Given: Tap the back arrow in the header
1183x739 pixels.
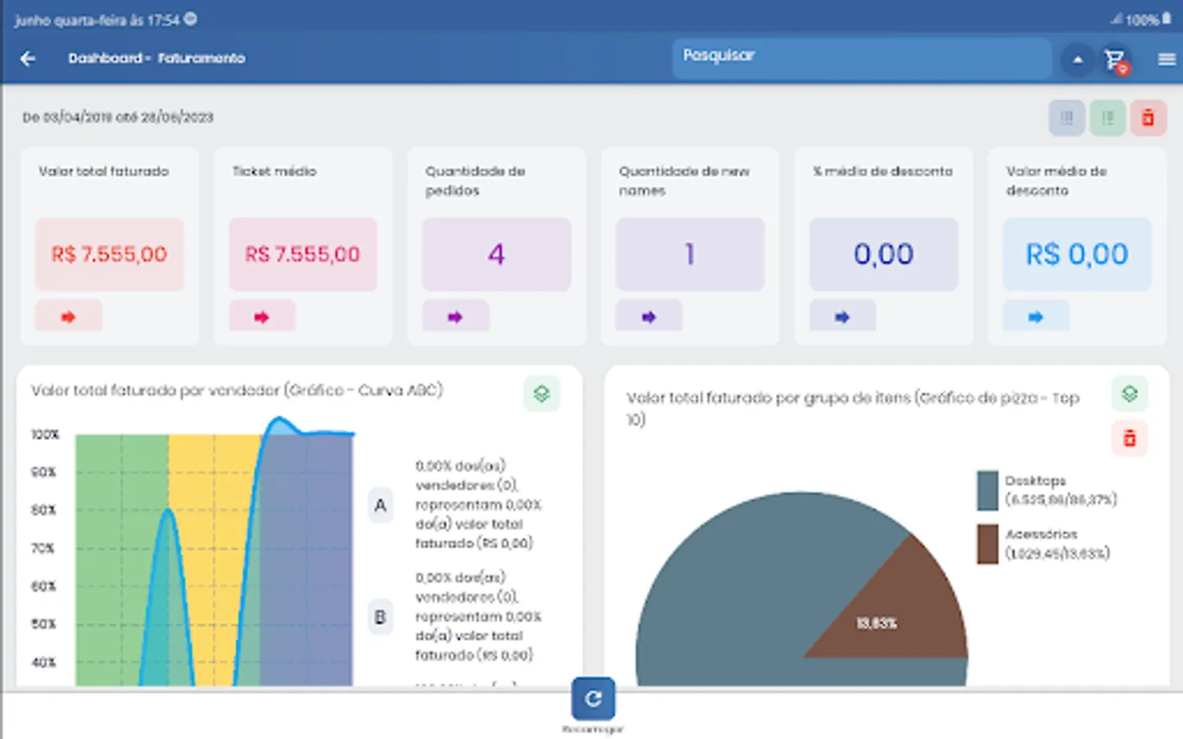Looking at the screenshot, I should coord(28,58).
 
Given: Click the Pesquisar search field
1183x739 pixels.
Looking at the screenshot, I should coord(861,57).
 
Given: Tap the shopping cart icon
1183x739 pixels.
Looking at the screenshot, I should coord(1115,59).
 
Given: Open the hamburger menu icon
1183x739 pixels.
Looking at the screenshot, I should coord(1167,59).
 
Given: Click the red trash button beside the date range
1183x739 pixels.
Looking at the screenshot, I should coord(1148,118).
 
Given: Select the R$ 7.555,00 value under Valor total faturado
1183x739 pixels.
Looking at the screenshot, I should coord(109,255).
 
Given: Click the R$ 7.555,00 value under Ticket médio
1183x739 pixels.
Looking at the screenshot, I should coord(302,255).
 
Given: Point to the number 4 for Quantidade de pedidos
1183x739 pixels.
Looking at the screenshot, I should coord(496,255).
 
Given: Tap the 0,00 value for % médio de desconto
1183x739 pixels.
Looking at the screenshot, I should coord(883,255).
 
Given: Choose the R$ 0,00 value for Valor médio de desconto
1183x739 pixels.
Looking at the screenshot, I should coord(1076,255).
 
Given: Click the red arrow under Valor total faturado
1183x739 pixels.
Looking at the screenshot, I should coord(68,317).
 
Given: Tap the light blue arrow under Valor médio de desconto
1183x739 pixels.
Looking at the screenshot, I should coord(1036,317).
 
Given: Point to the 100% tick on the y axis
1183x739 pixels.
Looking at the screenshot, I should coord(45,434).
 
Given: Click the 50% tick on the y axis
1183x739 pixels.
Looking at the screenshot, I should coord(44,624).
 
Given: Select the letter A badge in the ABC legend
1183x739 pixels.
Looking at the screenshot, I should coord(380,506).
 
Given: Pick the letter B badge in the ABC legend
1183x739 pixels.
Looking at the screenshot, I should coord(380,617).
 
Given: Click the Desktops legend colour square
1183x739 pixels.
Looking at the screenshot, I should coord(987,490).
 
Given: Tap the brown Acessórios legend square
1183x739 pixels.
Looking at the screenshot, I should coord(987,544).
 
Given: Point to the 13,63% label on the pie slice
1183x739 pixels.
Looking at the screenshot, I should coord(877,623).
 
